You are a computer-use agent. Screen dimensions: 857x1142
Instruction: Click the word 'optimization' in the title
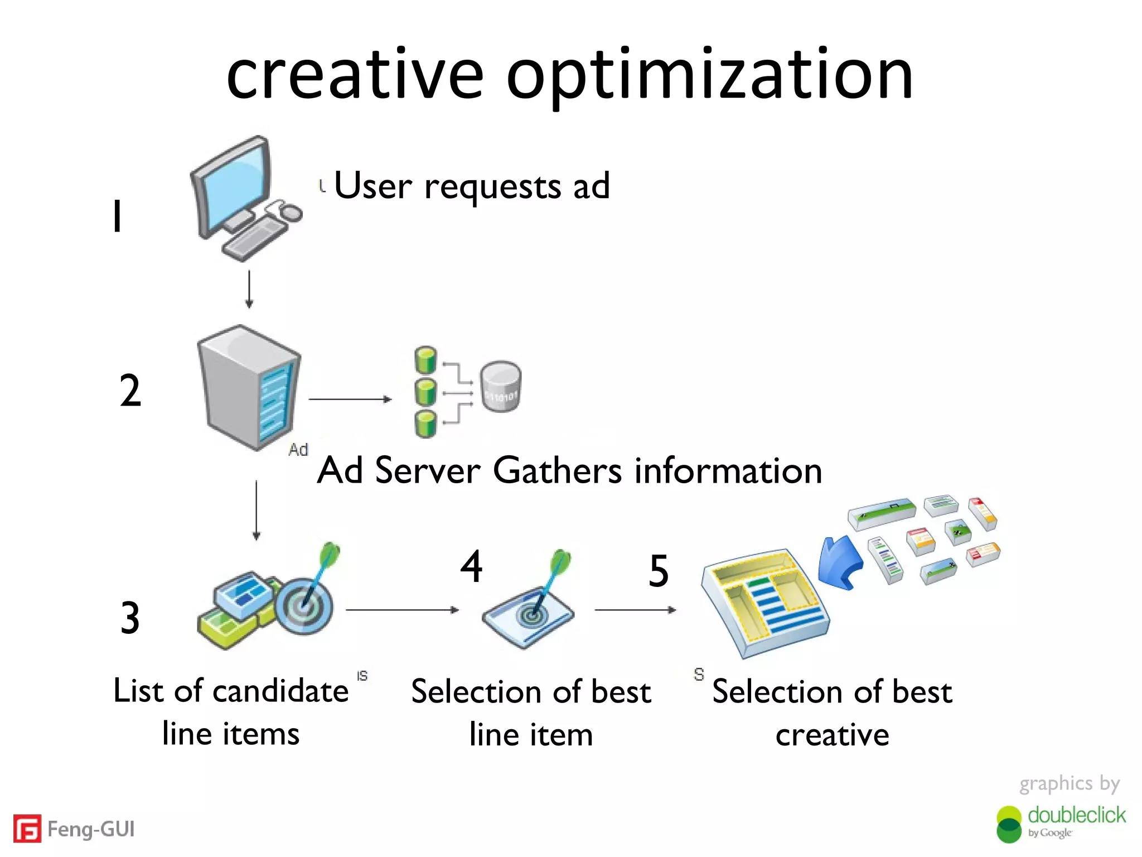point(709,75)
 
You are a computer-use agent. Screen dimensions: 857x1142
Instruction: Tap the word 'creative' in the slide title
point(355,75)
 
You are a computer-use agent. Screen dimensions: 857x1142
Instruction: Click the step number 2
point(130,391)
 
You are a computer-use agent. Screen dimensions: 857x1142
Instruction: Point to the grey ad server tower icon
point(249,388)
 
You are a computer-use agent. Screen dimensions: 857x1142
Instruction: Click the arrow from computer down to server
point(249,289)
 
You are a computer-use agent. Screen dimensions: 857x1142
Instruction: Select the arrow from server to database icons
point(350,399)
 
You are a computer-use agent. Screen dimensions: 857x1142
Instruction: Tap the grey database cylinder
point(501,387)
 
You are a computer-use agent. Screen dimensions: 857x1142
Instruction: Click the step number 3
point(130,618)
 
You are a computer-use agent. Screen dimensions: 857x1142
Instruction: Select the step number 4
point(471,566)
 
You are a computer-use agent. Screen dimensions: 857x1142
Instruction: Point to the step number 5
point(659,571)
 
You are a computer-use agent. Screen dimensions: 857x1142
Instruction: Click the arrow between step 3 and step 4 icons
point(402,610)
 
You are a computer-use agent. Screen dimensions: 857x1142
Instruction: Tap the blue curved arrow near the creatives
point(839,562)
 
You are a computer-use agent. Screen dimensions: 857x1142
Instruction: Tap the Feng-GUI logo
point(74,829)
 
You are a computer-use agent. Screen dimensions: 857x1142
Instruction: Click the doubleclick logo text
point(1076,815)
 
